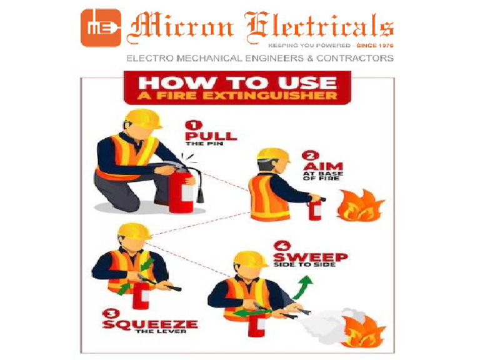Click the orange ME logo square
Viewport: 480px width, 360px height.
click(x=100, y=27)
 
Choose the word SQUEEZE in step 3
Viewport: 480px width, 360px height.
click(x=150, y=324)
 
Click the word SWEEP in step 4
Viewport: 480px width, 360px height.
click(x=310, y=256)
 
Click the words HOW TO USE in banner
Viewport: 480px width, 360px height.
click(x=238, y=82)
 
